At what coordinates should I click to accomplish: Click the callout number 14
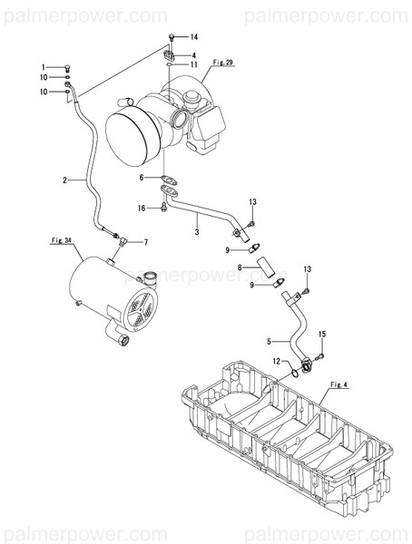[193, 37]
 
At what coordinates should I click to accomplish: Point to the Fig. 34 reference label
[59, 242]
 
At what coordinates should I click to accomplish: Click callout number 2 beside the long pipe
[65, 181]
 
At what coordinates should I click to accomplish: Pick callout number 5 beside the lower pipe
[269, 341]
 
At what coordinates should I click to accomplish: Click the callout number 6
[142, 178]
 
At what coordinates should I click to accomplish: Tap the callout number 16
[142, 209]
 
